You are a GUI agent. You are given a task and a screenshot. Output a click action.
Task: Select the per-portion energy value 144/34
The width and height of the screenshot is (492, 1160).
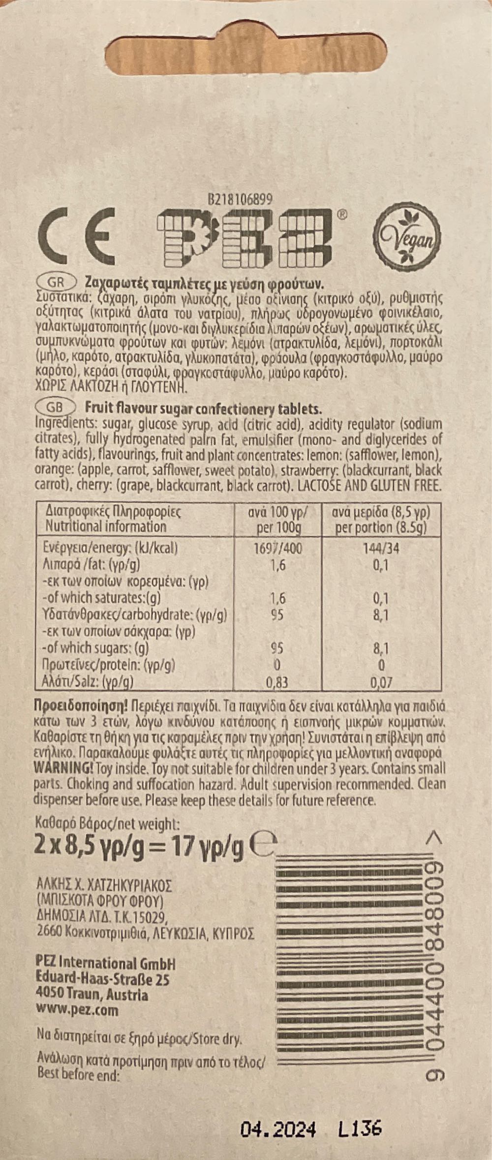click(x=381, y=548)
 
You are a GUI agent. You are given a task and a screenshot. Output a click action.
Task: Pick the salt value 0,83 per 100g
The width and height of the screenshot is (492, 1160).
click(x=277, y=682)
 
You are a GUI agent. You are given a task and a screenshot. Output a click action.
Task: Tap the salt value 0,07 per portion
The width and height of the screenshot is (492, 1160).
click(x=382, y=682)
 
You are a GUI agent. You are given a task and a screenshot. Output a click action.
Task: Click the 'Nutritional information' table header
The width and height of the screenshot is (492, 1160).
click(x=106, y=526)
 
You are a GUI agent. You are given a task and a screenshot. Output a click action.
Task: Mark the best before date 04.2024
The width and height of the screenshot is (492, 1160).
click(x=278, y=1116)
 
